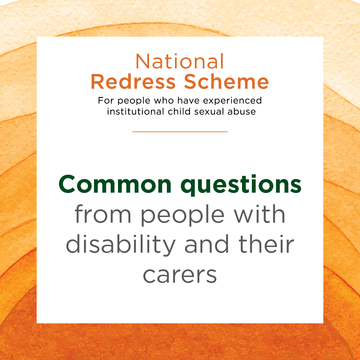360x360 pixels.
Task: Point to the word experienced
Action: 232,101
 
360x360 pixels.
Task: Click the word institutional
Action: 136,111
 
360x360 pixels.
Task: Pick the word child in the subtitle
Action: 179,111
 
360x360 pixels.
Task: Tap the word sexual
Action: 209,112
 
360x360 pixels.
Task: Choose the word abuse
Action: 242,112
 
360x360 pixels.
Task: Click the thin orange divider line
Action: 180,132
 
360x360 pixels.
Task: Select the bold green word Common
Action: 115,185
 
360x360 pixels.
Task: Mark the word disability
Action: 121,245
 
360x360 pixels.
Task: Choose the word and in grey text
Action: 207,244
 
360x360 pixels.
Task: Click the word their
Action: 266,244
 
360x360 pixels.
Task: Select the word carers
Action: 180,275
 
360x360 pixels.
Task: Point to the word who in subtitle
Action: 164,101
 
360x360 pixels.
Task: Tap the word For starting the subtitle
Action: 106,101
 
